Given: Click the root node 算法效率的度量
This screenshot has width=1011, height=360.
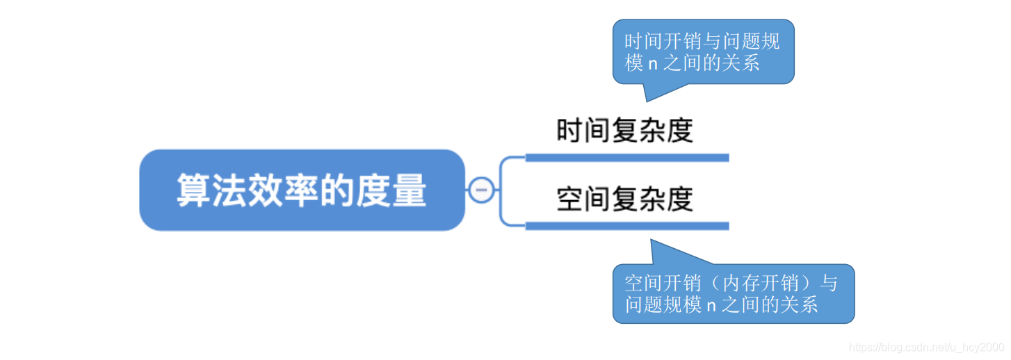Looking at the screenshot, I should [x=302, y=190].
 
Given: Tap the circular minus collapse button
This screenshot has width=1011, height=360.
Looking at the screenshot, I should [x=481, y=190].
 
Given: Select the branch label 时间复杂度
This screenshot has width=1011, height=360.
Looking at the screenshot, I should [x=624, y=131].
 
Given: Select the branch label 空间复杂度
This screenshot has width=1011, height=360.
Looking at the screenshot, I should [x=624, y=199].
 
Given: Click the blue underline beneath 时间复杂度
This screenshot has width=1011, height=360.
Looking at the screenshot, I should [x=626, y=158].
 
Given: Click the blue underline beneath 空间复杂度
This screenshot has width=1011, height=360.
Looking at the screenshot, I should [x=626, y=226].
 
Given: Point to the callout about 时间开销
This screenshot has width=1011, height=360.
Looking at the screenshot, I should [x=703, y=52].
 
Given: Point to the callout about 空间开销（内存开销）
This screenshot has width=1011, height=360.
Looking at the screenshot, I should [x=733, y=293].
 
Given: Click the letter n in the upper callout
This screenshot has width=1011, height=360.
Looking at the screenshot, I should [x=652, y=65].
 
